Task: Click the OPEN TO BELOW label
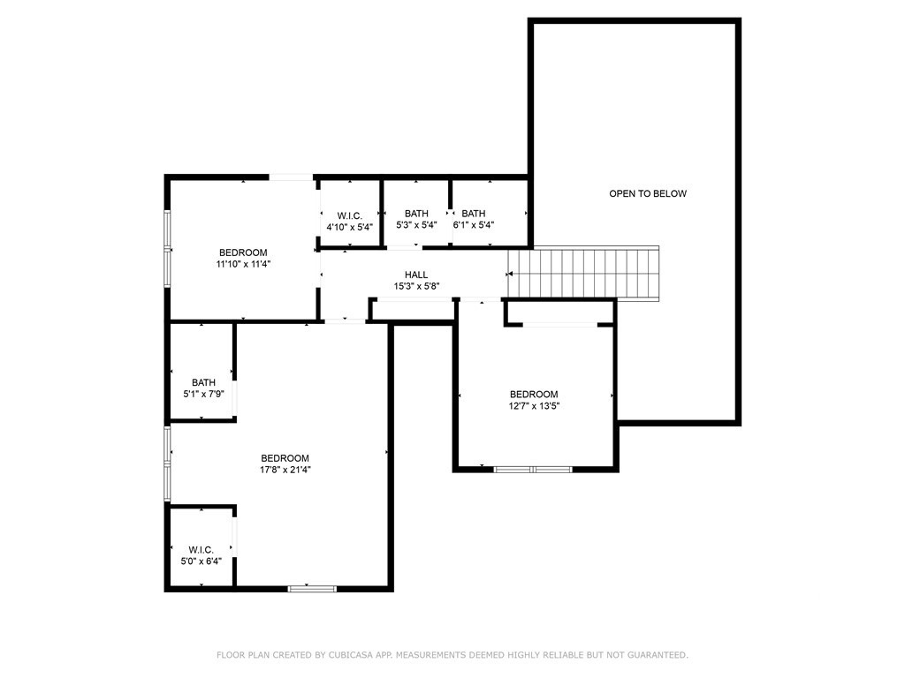(647, 193)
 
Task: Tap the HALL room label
(416, 275)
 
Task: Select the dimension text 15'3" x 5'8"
(416, 286)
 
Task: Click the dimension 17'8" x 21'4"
(285, 470)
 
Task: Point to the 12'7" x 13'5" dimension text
(534, 406)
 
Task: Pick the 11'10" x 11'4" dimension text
(242, 263)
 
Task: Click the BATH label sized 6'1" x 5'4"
(474, 214)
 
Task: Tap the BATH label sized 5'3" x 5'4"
(416, 214)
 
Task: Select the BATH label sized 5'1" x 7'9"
(203, 382)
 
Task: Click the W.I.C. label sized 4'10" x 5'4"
(349, 215)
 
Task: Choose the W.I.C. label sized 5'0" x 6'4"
(201, 550)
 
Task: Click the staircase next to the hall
(585, 275)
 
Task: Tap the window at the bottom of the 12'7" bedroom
(533, 469)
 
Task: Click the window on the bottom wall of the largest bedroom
(312, 587)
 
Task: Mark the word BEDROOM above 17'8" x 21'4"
(285, 458)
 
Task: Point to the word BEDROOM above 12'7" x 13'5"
(534, 395)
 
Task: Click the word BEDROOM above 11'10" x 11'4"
(242, 252)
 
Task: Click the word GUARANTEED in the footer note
(655, 655)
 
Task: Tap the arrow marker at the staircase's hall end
(510, 275)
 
